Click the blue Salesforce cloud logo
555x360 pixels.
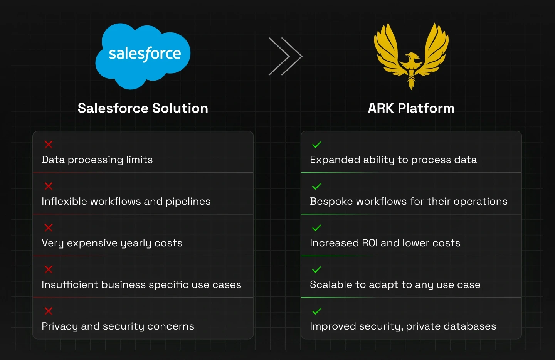(x=143, y=56)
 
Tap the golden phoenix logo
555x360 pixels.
(x=411, y=56)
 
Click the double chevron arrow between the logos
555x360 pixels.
(x=286, y=56)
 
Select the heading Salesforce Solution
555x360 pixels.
(x=143, y=108)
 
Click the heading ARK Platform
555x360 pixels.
(x=411, y=108)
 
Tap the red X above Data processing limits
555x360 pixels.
(x=49, y=144)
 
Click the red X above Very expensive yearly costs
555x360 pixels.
(x=49, y=227)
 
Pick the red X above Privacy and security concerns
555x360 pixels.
(x=49, y=311)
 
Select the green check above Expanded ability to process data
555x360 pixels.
(x=317, y=144)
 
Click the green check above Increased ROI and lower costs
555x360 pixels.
(x=317, y=227)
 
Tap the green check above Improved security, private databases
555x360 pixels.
(x=317, y=311)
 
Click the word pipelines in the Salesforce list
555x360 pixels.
(x=188, y=202)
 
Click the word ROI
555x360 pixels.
(x=370, y=243)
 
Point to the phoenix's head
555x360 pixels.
(x=411, y=56)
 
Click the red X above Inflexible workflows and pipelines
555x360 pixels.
(x=49, y=186)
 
